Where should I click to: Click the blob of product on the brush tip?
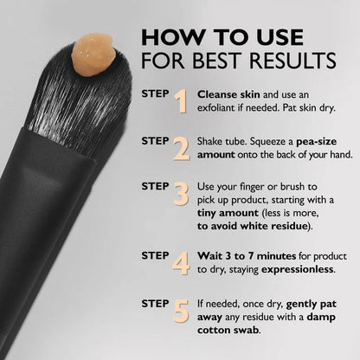[x=93, y=53]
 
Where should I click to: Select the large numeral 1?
[x=181, y=101]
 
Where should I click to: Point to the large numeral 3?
[x=181, y=194]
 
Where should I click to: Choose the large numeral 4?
[x=181, y=261]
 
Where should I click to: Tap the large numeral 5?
[x=181, y=309]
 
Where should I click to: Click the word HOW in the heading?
[x=167, y=37]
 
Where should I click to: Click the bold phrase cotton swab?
[x=230, y=329]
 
